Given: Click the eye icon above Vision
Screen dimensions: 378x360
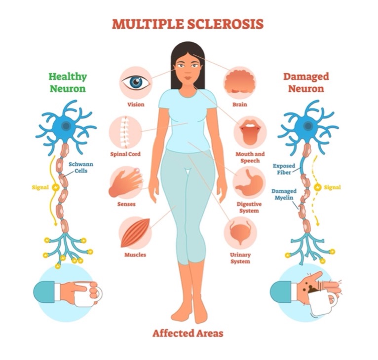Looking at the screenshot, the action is point(136,82).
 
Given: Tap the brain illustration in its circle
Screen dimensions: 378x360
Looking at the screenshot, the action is point(240,81).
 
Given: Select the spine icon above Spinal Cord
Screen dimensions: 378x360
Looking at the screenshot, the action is point(124,132).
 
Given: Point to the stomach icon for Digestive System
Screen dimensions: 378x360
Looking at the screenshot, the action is point(249,182).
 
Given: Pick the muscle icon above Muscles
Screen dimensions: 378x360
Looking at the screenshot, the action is point(135,233).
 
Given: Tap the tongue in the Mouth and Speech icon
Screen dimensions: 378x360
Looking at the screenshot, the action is point(250,135).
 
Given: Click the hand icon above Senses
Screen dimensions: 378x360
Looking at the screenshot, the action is point(126,182).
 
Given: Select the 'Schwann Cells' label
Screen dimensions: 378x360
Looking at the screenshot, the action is point(81,168).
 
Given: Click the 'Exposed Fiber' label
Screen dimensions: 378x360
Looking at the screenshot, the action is point(284,169).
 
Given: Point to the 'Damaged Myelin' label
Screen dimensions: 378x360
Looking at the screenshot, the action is point(284,194).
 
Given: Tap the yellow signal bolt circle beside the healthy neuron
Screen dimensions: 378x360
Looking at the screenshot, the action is point(56,187).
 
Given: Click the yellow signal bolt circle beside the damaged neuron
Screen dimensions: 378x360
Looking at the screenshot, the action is point(317,187).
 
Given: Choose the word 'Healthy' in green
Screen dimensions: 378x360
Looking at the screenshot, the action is point(68,77).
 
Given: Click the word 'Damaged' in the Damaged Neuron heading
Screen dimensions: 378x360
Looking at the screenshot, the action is point(306,77).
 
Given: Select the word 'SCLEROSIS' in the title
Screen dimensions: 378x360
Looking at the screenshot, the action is point(225,24).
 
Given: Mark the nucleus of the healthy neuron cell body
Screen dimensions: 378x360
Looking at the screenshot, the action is point(66,126).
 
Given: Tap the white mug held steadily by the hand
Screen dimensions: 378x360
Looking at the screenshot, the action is point(87,294).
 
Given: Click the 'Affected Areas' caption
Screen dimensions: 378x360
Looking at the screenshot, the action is point(188,333).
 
